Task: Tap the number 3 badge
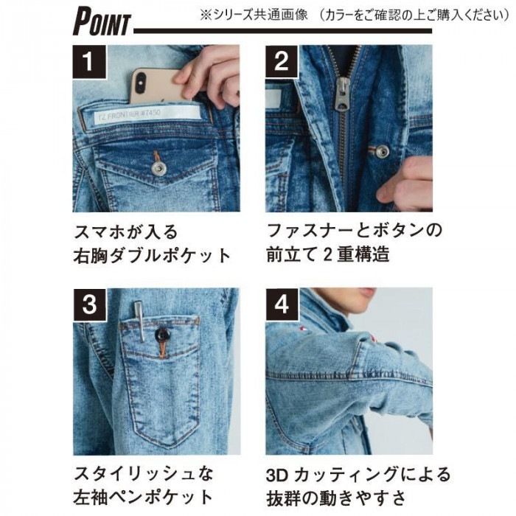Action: point(89,304)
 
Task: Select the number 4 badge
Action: point(281,304)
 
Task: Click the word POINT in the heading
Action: point(101,22)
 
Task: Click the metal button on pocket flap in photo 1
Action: point(158,169)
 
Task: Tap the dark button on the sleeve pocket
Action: point(161,335)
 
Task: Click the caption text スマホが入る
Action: point(125,234)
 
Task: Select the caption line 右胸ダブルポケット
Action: point(152,257)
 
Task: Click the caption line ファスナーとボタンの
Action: point(354,231)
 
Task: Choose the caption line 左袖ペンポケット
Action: point(143,497)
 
